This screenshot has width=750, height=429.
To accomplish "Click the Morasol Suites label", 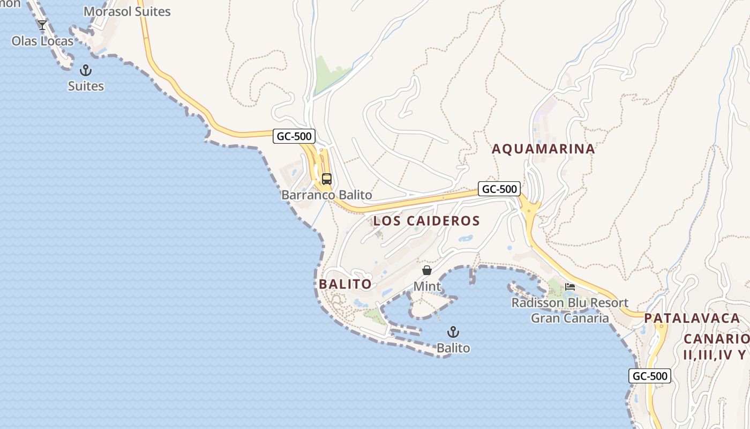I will [127, 11].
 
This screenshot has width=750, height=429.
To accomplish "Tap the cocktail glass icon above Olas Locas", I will [42, 25].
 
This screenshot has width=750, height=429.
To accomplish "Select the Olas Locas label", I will [42, 41].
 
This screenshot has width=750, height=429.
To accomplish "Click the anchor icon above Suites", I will [85, 70].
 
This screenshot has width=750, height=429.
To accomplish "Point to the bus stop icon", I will [327, 179].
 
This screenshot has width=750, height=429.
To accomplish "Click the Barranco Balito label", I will [327, 195].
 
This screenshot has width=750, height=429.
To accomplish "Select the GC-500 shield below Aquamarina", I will [499, 189].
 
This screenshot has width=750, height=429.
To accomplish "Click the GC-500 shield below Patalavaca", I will [650, 376].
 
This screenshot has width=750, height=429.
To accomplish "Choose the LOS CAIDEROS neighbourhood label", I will [426, 220].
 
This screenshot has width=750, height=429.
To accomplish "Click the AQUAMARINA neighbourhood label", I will [543, 149].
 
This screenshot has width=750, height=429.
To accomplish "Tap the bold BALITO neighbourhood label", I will [345, 284].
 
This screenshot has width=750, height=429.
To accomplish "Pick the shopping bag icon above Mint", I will [427, 270].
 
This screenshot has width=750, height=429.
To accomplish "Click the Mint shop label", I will [427, 286].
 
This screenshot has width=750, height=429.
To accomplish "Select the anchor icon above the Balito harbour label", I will [453, 332].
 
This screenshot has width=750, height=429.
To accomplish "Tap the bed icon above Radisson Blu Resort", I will [570, 287].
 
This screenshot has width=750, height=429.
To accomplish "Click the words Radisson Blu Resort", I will [570, 303].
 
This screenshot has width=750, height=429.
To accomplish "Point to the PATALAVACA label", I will [692, 318].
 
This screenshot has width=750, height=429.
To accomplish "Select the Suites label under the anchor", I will [86, 86].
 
